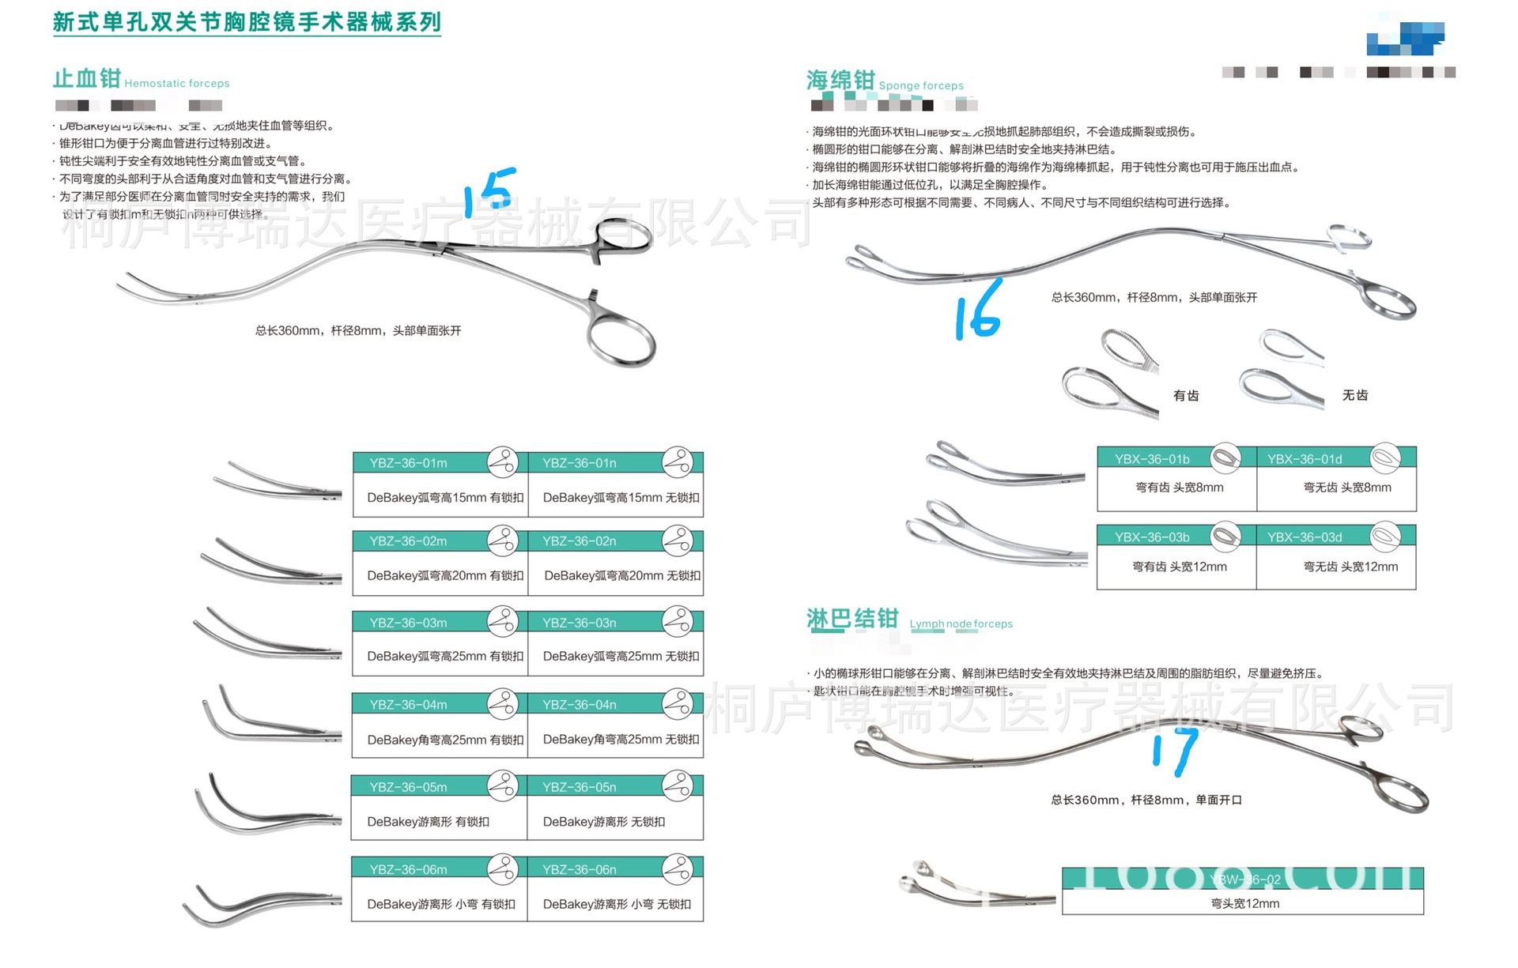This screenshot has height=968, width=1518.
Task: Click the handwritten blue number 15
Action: [490, 191]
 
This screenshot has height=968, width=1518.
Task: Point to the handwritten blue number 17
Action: [1176, 750]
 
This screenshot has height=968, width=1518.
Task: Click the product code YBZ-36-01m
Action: [408, 463]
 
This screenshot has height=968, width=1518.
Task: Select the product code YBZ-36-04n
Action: [579, 705]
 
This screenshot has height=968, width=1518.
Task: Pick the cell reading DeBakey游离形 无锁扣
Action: [604, 822]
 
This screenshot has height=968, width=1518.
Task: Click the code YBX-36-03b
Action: [1152, 537]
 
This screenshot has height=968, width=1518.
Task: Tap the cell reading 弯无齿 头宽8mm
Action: [1347, 488]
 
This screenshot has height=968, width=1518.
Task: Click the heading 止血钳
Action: [87, 79]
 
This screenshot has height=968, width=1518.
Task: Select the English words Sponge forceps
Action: [921, 85]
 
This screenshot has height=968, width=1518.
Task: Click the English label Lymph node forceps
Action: [961, 623]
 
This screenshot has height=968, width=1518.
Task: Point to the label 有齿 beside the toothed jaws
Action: [1186, 395]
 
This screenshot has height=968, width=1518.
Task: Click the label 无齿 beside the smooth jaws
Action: [1355, 395]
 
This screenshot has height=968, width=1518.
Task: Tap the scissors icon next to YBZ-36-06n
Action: [678, 868]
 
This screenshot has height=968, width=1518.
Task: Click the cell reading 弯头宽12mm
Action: [1244, 903]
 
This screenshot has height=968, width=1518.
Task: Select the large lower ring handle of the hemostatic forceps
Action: [621, 341]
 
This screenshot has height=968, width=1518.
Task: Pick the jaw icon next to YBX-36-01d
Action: [1385, 458]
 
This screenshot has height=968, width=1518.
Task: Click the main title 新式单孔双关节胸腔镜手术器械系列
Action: [247, 22]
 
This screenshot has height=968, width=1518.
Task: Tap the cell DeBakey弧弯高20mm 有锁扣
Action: [445, 576]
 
